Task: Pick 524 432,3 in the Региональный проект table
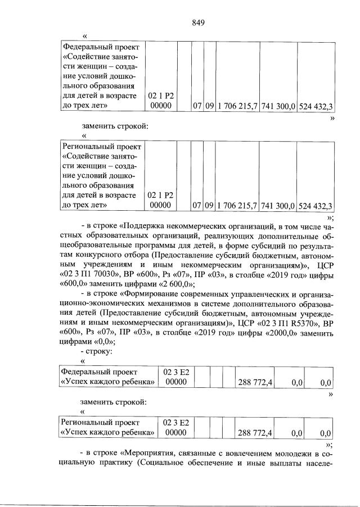tap(315, 205)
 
